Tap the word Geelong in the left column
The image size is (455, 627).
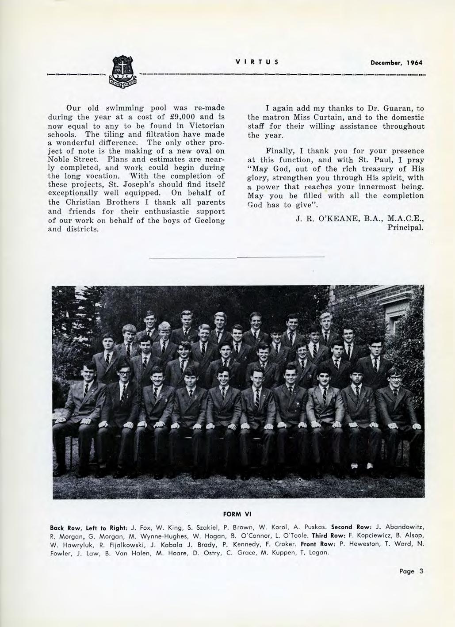[x=210, y=220]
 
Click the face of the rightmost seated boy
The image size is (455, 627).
[x=393, y=377]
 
